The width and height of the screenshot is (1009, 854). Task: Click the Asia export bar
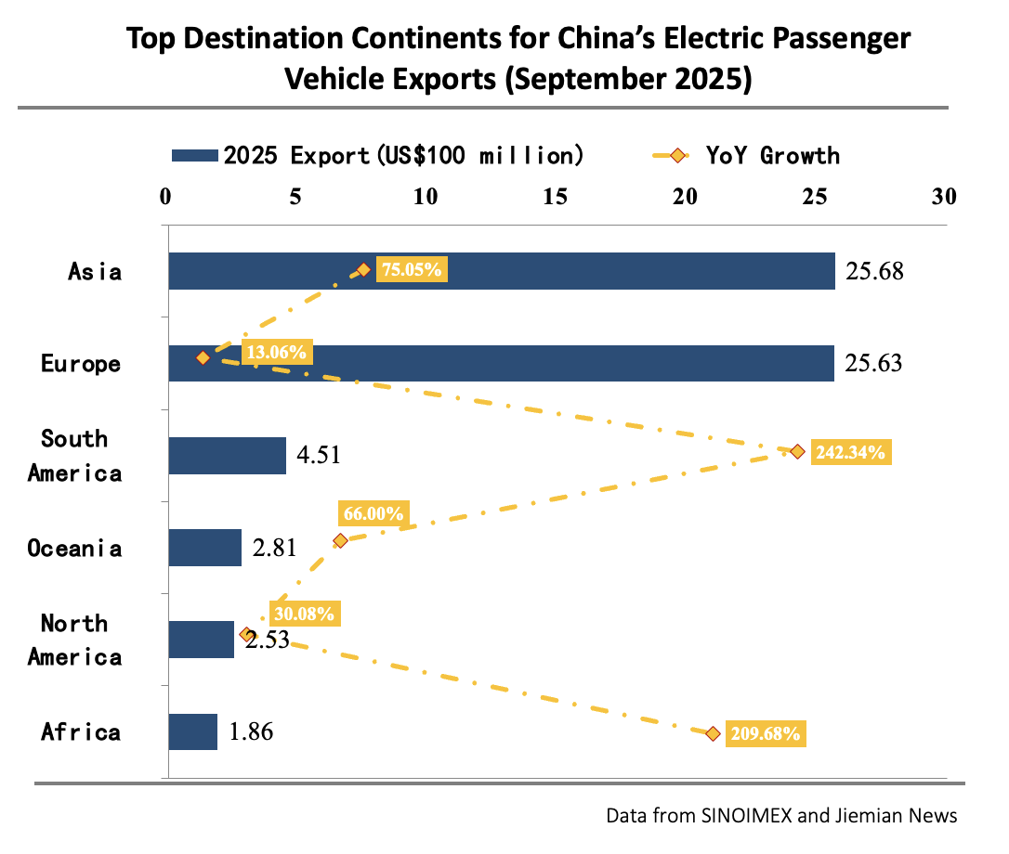pyautogui.click(x=502, y=271)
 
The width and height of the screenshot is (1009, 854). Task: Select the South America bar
pyautogui.click(x=227, y=456)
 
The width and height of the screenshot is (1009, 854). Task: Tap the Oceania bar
pyautogui.click(x=204, y=548)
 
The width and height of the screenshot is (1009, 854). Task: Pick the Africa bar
pyautogui.click(x=192, y=731)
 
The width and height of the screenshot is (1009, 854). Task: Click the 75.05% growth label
pyautogui.click(x=412, y=270)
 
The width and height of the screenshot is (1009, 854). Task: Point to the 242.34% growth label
pyautogui.click(x=851, y=452)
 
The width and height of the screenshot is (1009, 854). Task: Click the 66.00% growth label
pyautogui.click(x=373, y=513)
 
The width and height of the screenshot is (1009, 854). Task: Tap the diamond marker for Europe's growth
pyautogui.click(x=203, y=357)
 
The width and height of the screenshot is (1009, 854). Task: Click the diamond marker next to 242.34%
pyautogui.click(x=797, y=451)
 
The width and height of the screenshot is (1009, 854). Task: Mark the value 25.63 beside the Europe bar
pyautogui.click(x=873, y=363)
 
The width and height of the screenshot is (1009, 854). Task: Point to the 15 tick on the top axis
pyautogui.click(x=556, y=197)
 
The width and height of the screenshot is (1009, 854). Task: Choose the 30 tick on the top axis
pyautogui.click(x=944, y=197)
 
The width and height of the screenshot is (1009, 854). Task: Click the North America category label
pyautogui.click(x=74, y=640)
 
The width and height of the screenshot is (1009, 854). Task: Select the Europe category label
pyautogui.click(x=81, y=363)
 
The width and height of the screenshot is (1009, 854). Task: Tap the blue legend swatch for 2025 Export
pyautogui.click(x=195, y=155)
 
